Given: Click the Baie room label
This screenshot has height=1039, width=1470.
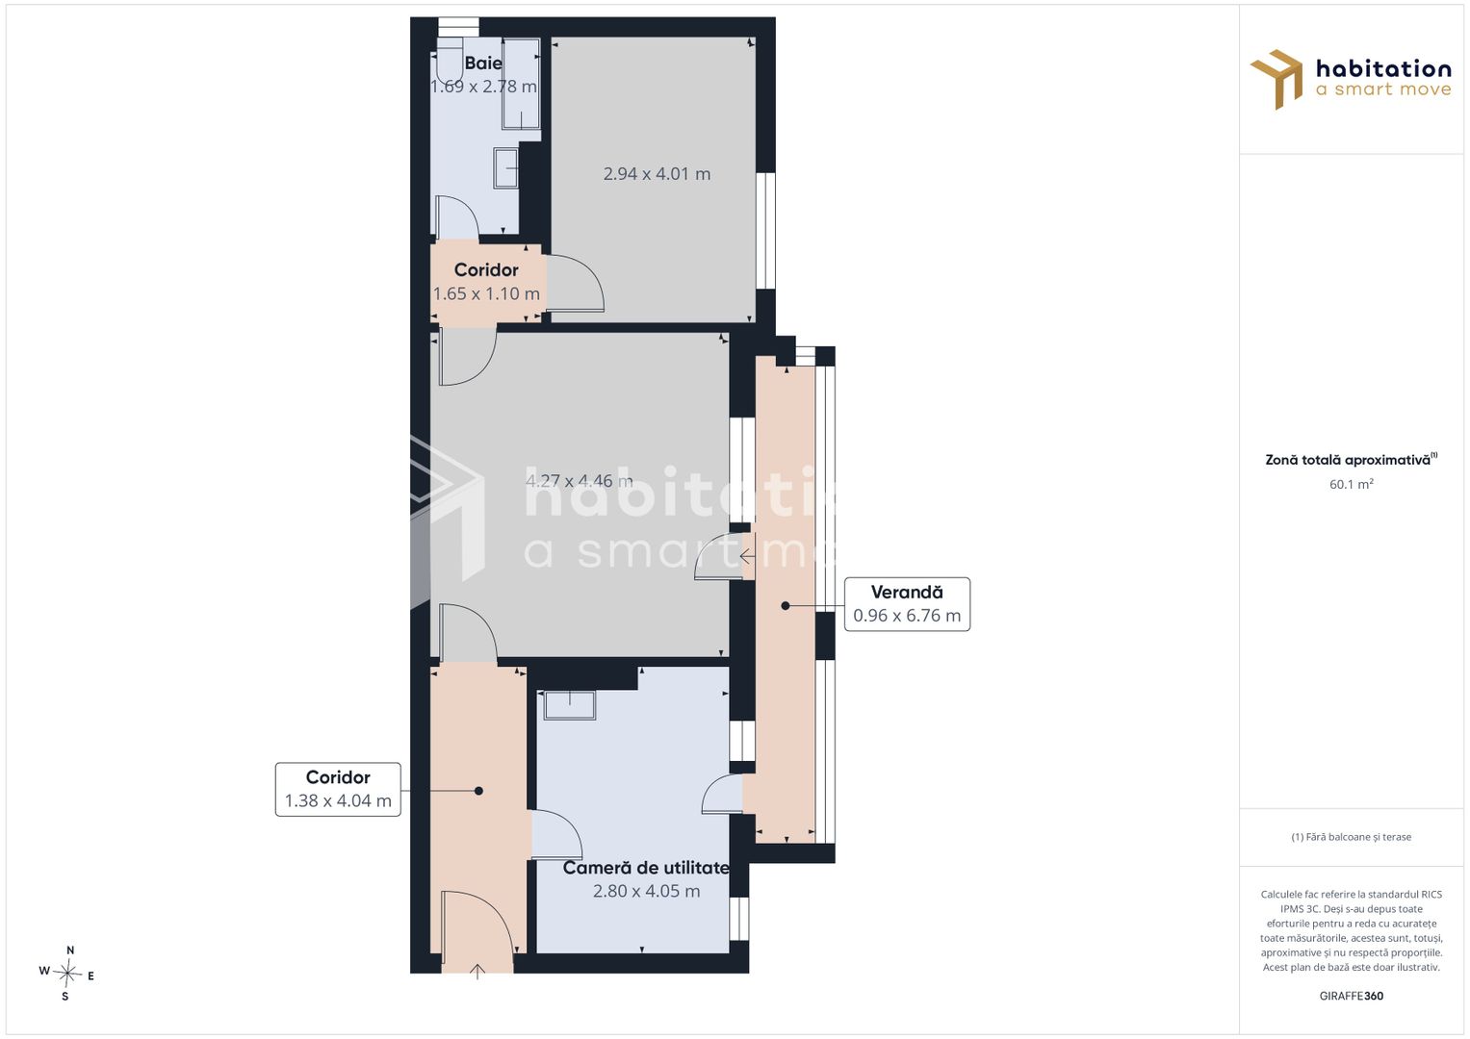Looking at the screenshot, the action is [x=483, y=63].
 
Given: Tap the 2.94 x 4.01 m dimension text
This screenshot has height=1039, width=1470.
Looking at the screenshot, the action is [x=657, y=174].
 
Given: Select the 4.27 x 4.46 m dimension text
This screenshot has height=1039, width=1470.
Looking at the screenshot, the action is [x=579, y=481].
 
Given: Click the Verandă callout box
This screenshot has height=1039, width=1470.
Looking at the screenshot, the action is [x=907, y=604].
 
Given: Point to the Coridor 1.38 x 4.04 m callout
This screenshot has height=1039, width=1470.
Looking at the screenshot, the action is [x=338, y=789].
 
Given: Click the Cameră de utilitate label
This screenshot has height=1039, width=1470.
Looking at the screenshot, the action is [x=646, y=868].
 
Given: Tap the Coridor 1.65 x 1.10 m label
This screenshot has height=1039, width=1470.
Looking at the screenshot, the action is [x=486, y=281].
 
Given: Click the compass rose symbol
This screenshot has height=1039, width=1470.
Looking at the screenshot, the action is [x=67, y=974].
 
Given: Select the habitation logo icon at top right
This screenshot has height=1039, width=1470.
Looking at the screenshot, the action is [x=1277, y=79].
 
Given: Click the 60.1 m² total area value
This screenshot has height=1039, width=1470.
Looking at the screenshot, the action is [x=1352, y=484].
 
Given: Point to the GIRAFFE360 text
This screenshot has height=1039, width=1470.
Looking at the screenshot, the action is [x=1352, y=996].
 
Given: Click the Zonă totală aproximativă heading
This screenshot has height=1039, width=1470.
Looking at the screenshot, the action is [x=1352, y=460].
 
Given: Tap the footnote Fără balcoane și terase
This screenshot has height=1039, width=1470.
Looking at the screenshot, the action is [x=1352, y=837].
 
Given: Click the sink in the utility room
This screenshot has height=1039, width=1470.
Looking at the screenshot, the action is [x=570, y=705].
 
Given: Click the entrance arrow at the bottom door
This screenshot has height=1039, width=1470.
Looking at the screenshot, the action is [x=477, y=972].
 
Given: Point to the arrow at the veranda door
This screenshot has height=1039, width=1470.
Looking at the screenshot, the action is [x=747, y=557].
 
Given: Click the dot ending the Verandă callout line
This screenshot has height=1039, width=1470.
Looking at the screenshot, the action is [x=786, y=605].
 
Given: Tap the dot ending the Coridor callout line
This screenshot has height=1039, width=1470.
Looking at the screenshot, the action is [x=478, y=791].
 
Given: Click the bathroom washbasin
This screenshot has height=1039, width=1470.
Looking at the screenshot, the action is [x=506, y=168].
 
